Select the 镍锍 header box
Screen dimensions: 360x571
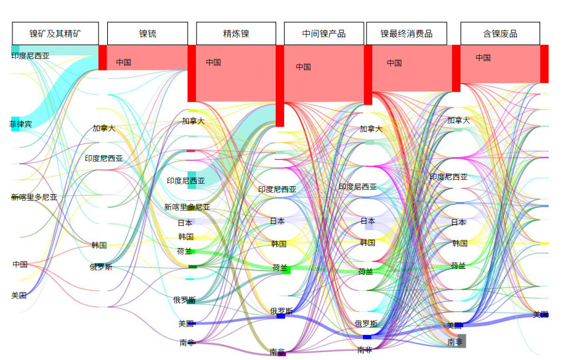[147, 34]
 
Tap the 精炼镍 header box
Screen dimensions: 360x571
[236, 34]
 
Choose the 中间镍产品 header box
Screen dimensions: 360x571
[324, 34]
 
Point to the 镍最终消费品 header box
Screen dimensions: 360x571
[406, 34]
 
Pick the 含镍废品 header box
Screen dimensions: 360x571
[500, 34]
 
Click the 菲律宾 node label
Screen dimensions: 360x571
[20, 124]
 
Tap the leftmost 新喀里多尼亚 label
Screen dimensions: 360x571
[34, 197]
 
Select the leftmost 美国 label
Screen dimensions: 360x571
[19, 296]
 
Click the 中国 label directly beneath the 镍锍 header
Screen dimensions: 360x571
[124, 63]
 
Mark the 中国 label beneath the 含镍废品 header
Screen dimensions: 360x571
[483, 58]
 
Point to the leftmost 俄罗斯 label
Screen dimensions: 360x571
[101, 267]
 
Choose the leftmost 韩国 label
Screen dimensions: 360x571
[99, 245]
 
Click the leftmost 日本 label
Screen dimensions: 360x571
[185, 223]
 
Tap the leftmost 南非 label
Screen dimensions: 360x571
[187, 343]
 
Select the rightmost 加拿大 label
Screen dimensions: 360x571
[459, 120]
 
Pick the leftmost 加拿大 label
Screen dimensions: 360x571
[104, 128]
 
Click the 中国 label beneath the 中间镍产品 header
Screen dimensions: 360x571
[303, 66]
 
